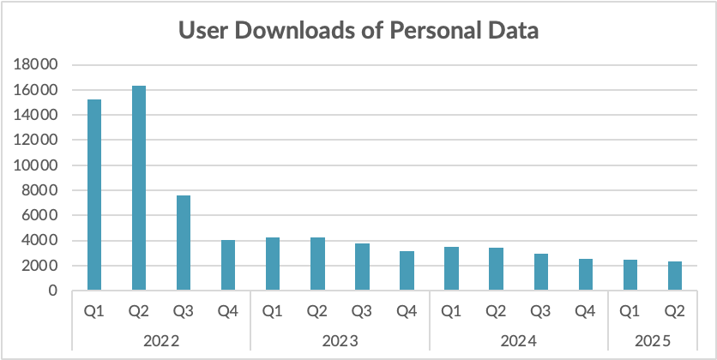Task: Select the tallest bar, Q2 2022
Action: pos(139,189)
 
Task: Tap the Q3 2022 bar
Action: pos(184,243)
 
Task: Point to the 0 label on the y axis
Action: pos(52,291)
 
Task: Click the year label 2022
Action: pos(161,341)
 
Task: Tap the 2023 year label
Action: pos(340,341)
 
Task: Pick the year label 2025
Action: pos(652,341)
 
